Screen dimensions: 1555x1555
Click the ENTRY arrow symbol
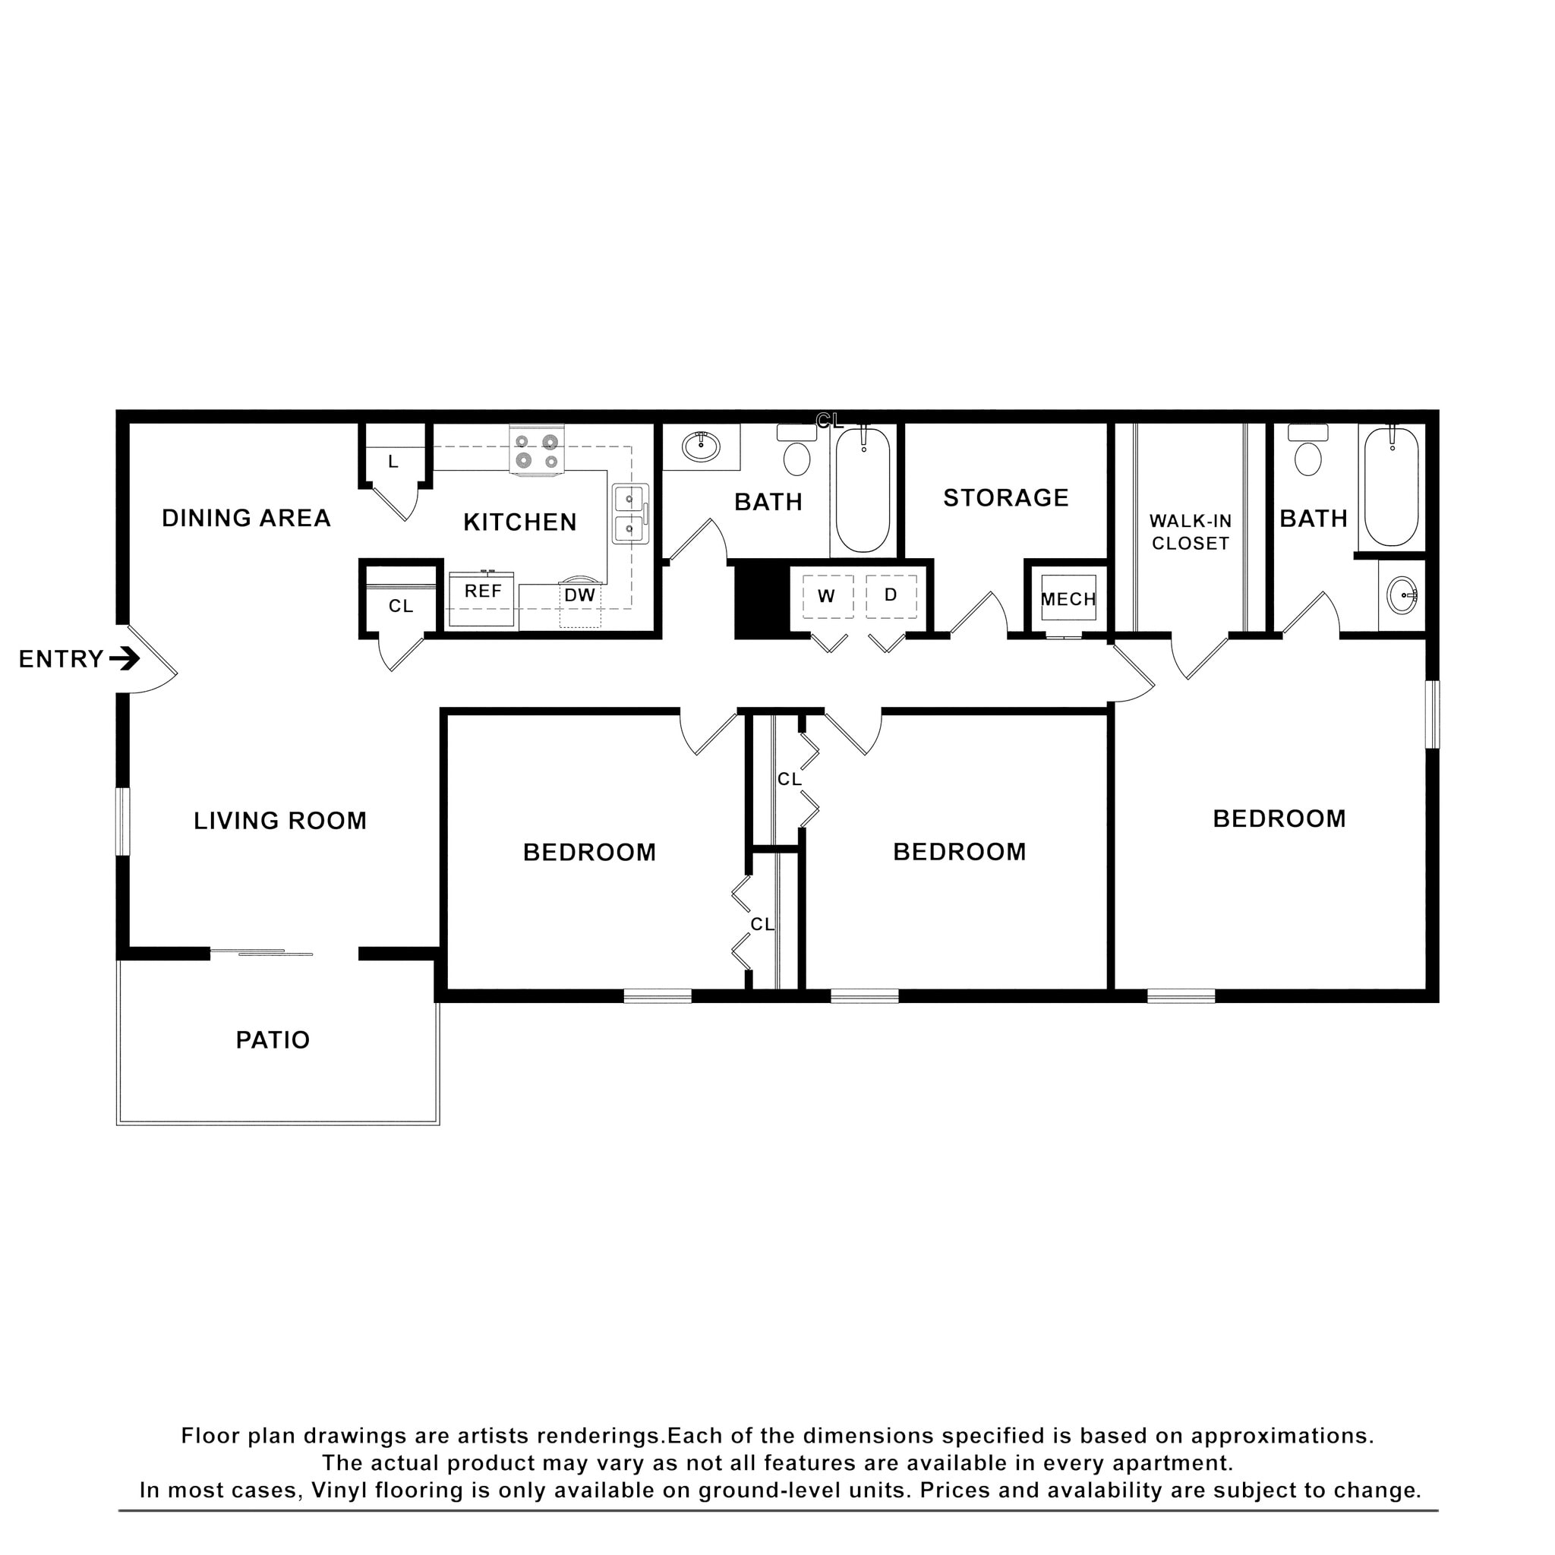(x=125, y=659)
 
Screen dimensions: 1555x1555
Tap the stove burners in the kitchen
(x=537, y=452)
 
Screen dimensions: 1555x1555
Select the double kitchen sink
(x=629, y=513)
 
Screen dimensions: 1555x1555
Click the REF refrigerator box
(x=482, y=600)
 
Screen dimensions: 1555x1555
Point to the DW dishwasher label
(x=579, y=595)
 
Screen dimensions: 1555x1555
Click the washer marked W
(x=827, y=596)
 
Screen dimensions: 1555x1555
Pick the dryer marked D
(x=890, y=595)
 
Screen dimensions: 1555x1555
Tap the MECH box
(x=1068, y=599)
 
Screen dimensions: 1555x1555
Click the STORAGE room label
(x=1005, y=498)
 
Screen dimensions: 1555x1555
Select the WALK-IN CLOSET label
(x=1190, y=532)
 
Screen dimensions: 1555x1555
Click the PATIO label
(x=272, y=1041)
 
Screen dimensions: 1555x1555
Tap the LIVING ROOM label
(x=280, y=821)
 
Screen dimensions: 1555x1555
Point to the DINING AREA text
(x=246, y=519)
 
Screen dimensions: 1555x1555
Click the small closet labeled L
(x=393, y=462)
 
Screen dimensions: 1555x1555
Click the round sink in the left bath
(x=700, y=446)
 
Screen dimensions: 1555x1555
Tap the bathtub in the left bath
(x=862, y=490)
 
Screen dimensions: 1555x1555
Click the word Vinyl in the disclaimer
(x=339, y=1490)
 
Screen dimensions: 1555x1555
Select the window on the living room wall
(x=122, y=822)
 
